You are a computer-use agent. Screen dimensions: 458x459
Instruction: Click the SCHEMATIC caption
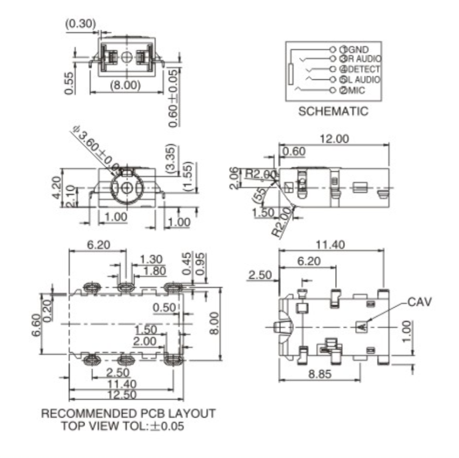point(333,112)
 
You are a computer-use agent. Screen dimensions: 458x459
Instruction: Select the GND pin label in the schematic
point(357,49)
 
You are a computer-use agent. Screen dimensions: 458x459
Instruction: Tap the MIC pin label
point(356,90)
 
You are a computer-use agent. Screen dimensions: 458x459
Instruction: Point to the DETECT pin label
point(363,69)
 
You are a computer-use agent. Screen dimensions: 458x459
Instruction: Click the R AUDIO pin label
point(364,59)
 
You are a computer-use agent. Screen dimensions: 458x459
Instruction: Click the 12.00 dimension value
point(334,139)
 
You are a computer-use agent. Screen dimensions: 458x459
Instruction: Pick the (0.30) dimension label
point(80,24)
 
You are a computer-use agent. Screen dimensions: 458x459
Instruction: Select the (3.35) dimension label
point(170,158)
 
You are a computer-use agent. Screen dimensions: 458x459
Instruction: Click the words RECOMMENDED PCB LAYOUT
point(128,413)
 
